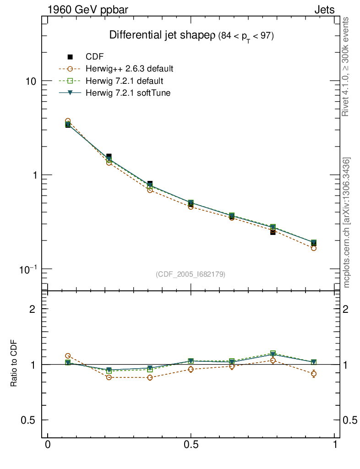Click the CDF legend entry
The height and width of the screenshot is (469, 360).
(94, 57)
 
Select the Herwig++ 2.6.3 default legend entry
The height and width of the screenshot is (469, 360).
(129, 69)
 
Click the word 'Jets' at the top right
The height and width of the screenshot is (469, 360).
(324, 10)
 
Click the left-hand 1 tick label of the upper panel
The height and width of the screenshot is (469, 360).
(37, 175)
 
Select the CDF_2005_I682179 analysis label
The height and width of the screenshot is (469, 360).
(191, 274)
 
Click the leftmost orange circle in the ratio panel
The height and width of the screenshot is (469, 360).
(68, 356)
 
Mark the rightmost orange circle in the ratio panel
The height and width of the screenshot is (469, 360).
(314, 374)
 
